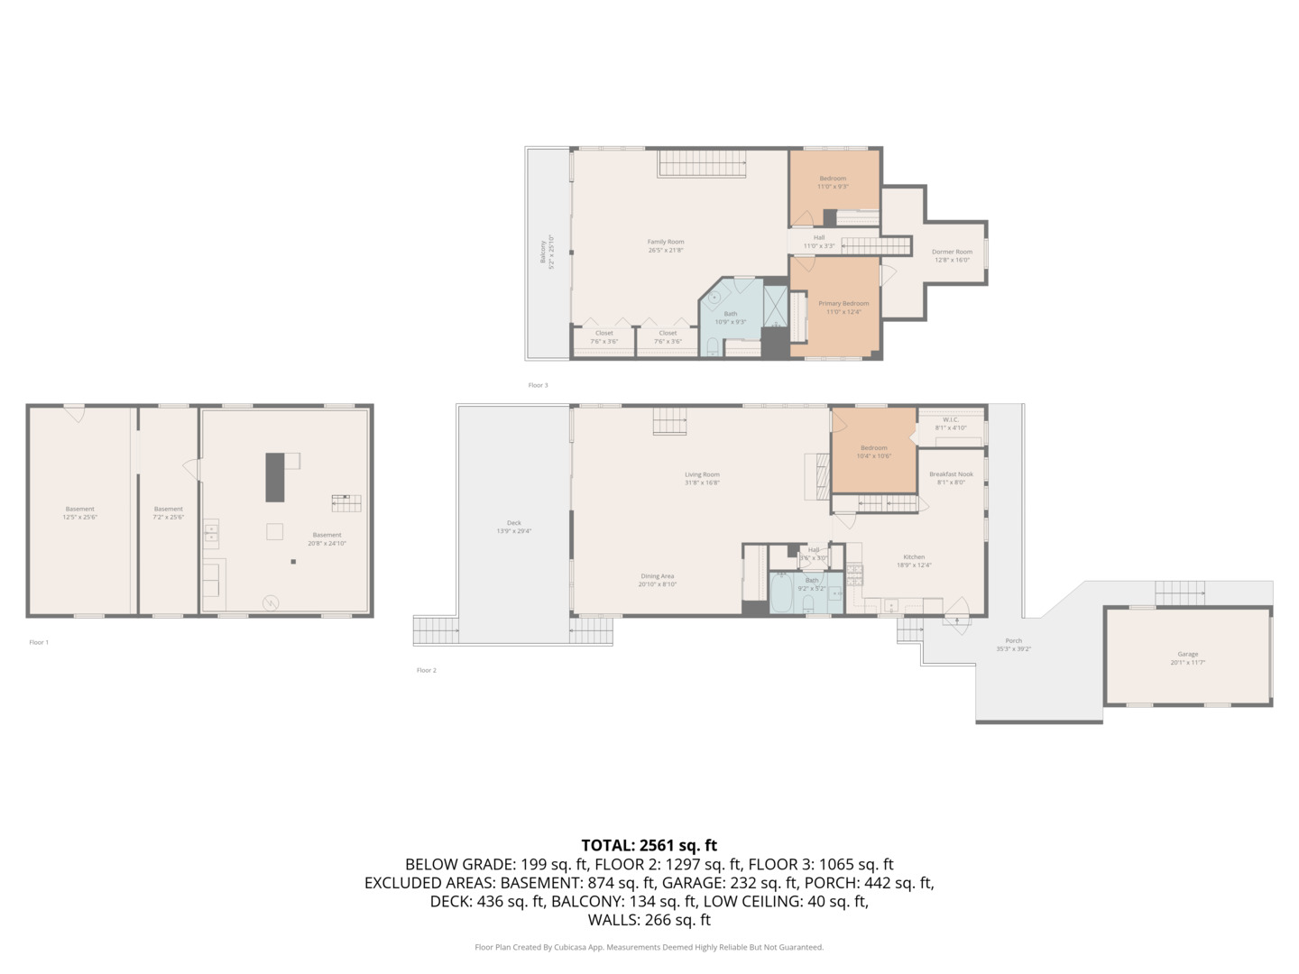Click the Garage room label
click(x=1187, y=658)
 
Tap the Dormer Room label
click(x=952, y=256)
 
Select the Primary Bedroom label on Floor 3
click(x=843, y=308)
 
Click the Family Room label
click(x=666, y=245)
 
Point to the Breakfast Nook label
click(x=952, y=478)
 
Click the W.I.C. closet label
click(x=951, y=423)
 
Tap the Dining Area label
click(x=658, y=580)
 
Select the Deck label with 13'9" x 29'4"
click(x=514, y=527)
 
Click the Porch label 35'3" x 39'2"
click(x=1014, y=645)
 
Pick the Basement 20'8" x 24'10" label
click(x=327, y=539)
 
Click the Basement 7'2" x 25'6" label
click(x=169, y=513)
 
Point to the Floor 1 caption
click(x=39, y=642)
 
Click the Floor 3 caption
click(x=538, y=385)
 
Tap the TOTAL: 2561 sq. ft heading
click(x=649, y=845)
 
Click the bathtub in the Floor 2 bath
click(x=781, y=596)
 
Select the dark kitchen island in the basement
click(x=275, y=477)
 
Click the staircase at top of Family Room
click(x=702, y=164)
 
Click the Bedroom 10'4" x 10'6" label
click(x=873, y=451)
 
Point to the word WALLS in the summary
click(x=613, y=920)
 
